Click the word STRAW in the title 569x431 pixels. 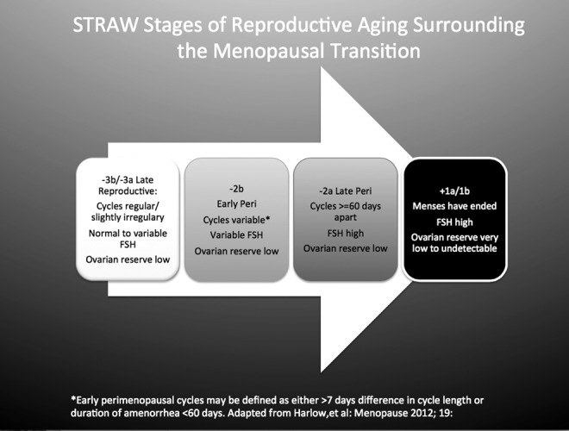point(106,25)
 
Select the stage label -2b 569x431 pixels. point(236,189)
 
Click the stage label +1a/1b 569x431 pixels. point(454,191)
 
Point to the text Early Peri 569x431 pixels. point(236,204)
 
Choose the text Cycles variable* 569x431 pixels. point(236,220)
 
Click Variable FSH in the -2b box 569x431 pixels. point(236,235)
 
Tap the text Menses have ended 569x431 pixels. point(454,206)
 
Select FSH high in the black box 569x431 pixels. point(454,222)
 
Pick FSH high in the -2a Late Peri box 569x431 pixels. point(346,234)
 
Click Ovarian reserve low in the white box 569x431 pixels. point(128,259)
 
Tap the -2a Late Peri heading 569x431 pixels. point(346,191)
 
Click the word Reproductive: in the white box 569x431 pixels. point(128,191)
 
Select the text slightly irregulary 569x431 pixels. point(128,217)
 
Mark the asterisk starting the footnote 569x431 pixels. point(73,399)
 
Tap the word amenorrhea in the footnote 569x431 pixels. point(154,413)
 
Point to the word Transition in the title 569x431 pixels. point(376,51)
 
